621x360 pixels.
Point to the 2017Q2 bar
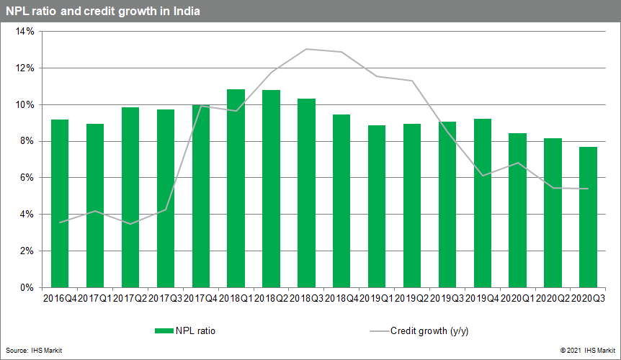pos(130,197)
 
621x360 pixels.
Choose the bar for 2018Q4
pos(341,201)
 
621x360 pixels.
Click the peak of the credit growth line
pos(307,49)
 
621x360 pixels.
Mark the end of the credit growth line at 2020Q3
pos(589,189)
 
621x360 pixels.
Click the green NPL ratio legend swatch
pos(164,331)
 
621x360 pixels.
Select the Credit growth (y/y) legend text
pos(430,331)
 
